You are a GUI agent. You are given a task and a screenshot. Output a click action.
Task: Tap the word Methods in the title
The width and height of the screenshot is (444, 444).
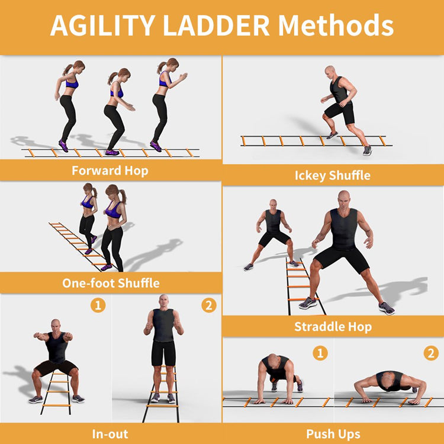[x=336, y=26]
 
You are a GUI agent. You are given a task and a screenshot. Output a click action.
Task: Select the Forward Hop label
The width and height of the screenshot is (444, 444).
[x=110, y=170]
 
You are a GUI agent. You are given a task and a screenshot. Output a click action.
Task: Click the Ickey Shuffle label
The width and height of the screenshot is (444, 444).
[x=332, y=175]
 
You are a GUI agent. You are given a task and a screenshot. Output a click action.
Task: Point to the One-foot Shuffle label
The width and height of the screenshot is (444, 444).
[x=111, y=282]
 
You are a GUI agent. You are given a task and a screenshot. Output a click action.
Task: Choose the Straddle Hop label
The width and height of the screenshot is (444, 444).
[x=332, y=326]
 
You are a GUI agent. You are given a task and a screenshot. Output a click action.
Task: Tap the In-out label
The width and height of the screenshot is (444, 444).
[x=110, y=434]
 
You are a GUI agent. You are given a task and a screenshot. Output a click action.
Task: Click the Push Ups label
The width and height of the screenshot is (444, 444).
[x=333, y=434]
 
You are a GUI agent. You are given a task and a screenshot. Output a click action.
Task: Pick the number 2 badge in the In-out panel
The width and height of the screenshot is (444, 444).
[x=208, y=305]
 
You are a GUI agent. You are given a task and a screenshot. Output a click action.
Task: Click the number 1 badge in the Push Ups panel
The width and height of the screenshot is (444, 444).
[x=320, y=353]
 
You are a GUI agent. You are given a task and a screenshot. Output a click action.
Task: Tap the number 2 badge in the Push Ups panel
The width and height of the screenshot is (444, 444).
[x=430, y=353]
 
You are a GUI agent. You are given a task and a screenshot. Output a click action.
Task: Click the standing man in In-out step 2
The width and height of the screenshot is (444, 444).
[x=163, y=346]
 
